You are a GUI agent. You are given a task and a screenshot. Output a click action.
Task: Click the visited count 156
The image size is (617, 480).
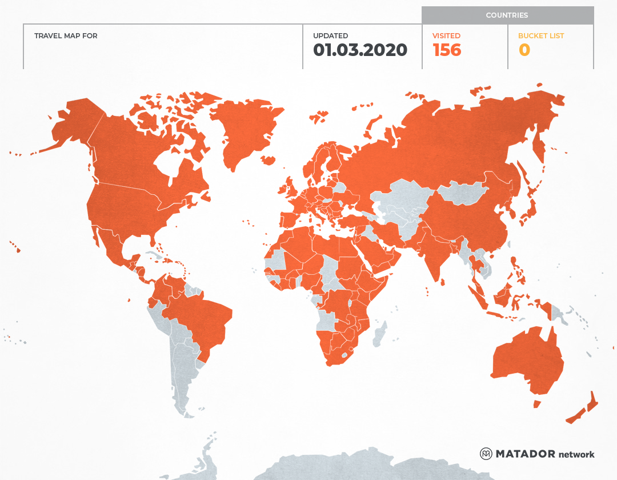pyautogui.click(x=447, y=50)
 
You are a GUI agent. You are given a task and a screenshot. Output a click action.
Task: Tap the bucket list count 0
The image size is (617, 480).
pyautogui.click(x=524, y=50)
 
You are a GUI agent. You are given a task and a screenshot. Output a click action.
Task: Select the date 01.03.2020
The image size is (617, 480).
pyautogui.click(x=360, y=50)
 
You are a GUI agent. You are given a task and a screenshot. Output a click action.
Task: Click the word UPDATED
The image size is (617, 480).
pyautogui.click(x=330, y=35)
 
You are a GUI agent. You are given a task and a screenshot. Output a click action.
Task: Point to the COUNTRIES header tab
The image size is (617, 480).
pyautogui.click(x=507, y=15)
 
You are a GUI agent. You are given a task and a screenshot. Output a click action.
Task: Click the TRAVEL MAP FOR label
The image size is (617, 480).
pyautogui.click(x=66, y=35)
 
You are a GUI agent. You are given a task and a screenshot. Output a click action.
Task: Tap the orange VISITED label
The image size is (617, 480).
pyautogui.click(x=446, y=35)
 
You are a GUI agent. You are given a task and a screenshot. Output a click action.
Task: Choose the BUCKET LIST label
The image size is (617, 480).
pyautogui.click(x=540, y=35)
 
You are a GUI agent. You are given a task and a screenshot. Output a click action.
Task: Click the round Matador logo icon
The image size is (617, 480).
pyautogui.click(x=486, y=454)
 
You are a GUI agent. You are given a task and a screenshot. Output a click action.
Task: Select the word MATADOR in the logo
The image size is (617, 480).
pyautogui.click(x=525, y=454)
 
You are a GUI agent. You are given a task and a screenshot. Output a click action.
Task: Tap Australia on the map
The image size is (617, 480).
pyautogui.click(x=526, y=360)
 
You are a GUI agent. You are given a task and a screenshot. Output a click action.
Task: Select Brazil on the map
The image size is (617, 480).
pyautogui.click(x=200, y=320)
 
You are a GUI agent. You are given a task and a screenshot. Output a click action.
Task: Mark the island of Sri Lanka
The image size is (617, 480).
pyautogui.click(x=442, y=279)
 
